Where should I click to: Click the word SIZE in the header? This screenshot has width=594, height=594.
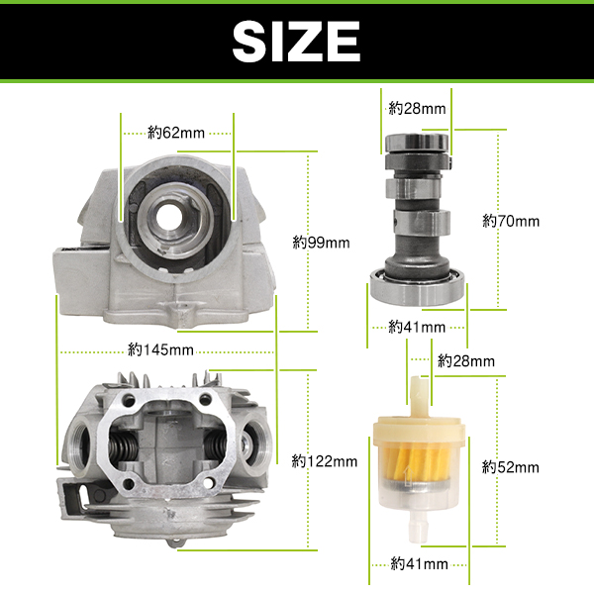point(296,41)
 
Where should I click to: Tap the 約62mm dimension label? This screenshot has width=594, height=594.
point(176,133)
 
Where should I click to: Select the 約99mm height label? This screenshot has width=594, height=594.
point(321,243)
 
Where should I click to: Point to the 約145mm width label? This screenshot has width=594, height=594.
point(161,349)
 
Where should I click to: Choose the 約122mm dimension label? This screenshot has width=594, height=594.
point(325,461)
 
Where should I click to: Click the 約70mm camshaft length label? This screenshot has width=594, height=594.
point(511,221)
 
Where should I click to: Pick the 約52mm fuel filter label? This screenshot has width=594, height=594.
point(511,467)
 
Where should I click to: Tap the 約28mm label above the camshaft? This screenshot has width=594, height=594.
point(417,109)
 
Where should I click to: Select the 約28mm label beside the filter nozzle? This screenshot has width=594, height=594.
point(466,361)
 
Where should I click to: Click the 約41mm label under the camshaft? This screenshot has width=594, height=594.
point(417,327)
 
